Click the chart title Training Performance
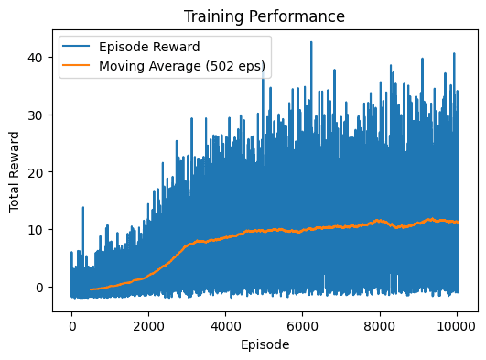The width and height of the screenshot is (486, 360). click(265, 16)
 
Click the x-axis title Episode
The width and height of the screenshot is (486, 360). click(265, 345)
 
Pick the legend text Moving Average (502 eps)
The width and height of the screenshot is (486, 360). click(181, 66)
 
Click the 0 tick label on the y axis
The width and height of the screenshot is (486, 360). click(44, 287)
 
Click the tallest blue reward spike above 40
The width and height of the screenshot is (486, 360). click(310, 42)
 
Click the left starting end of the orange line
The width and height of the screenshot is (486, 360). click(91, 289)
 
